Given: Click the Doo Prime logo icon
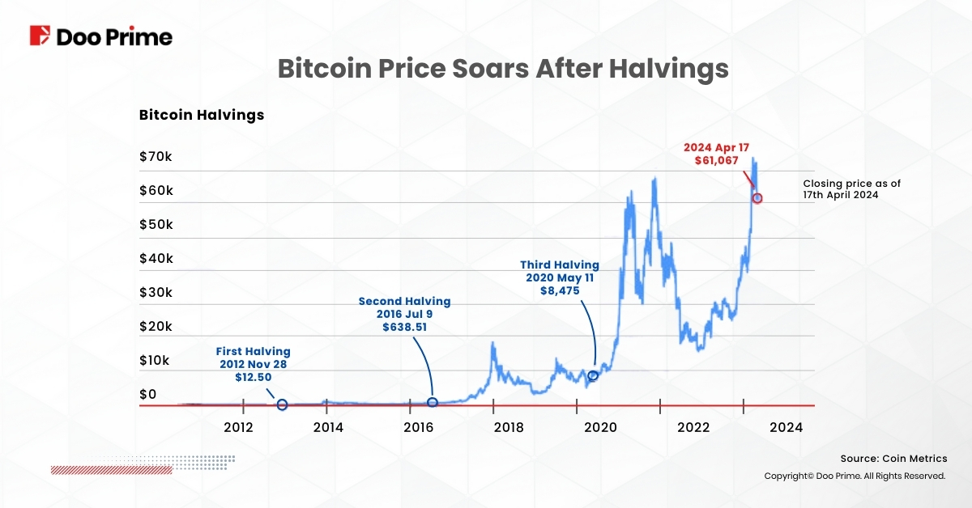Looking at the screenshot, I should point(40,36).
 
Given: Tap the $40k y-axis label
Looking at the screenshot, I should point(156,258).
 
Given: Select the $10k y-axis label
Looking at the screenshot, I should point(155,360).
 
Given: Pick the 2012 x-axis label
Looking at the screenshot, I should point(239,428).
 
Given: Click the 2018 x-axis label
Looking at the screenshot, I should point(508,428).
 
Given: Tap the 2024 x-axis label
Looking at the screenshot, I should point(786,428).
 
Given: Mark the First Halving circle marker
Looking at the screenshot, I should point(282,404).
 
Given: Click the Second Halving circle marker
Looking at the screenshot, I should point(433,402).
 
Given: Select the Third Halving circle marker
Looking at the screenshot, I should point(593,375).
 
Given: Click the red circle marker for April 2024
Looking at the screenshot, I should point(757,198).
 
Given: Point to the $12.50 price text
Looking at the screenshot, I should point(253,377).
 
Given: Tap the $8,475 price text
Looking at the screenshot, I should point(559,290).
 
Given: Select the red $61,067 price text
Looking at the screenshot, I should point(717,162).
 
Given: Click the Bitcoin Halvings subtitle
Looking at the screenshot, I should point(202,115).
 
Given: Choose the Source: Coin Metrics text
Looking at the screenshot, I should point(893,459).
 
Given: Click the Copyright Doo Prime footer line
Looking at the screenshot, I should point(855,476).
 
